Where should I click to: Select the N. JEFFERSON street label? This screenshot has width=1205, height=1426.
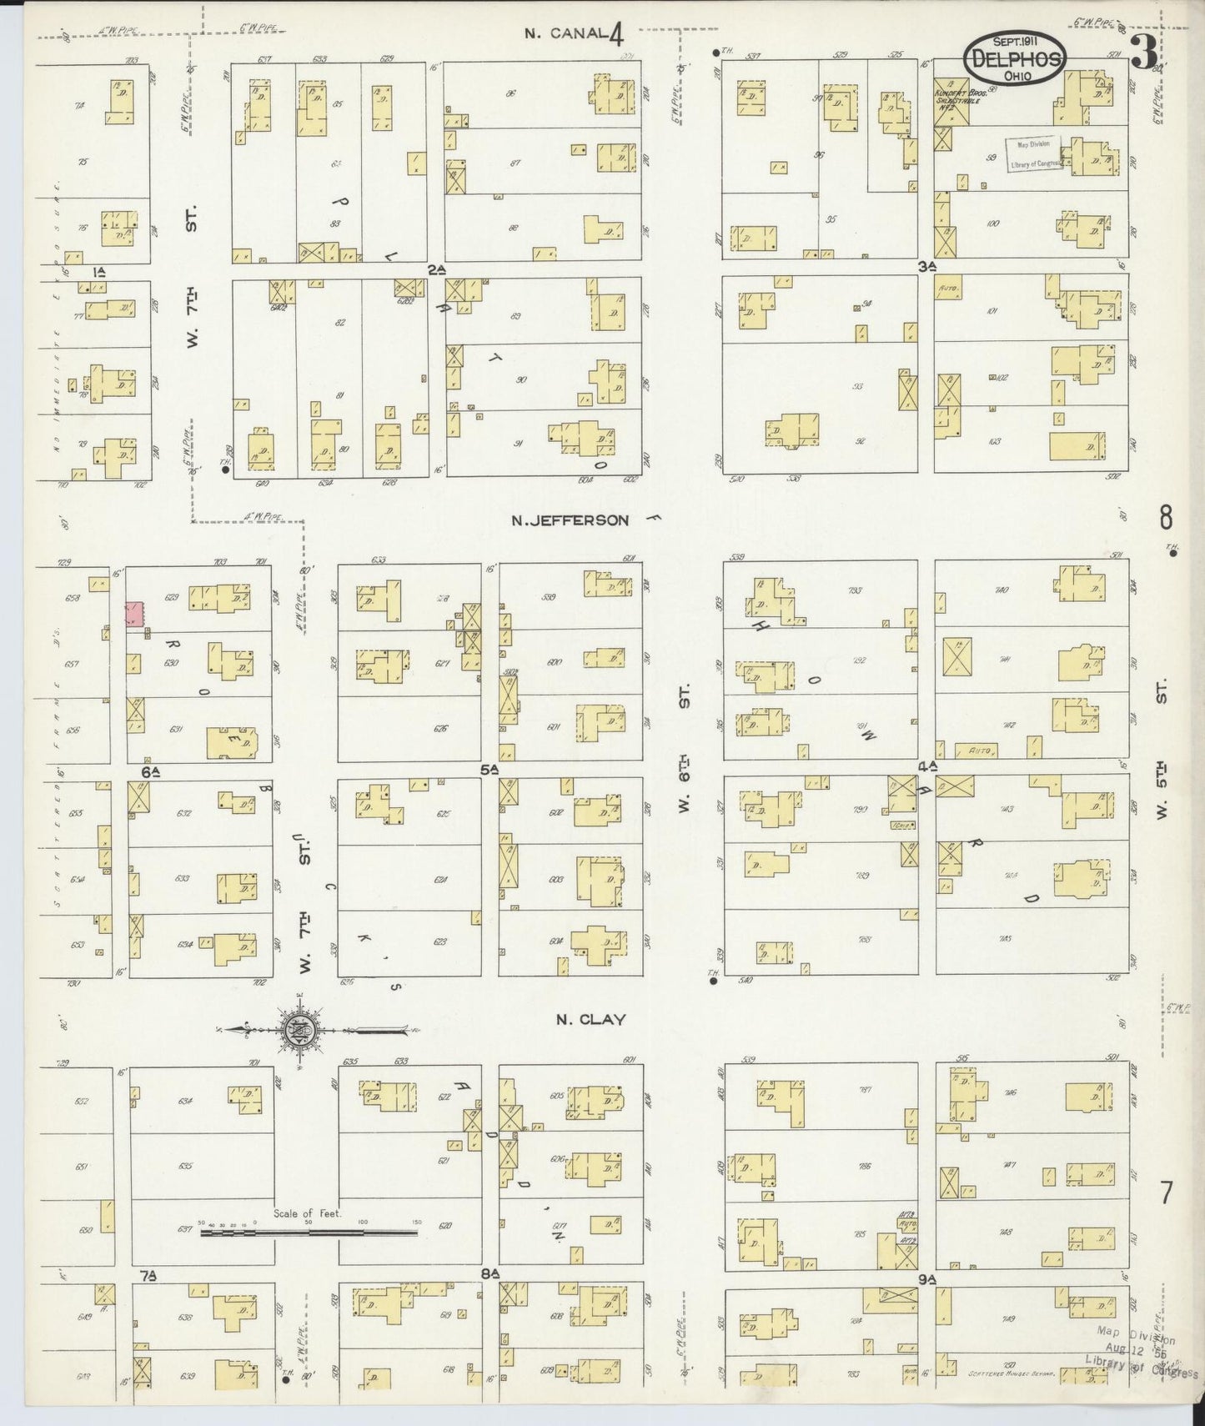pos(570,520)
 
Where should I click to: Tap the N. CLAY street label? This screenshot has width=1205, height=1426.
pos(591,1019)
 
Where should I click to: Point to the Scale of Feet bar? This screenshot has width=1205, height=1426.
pos(309,1230)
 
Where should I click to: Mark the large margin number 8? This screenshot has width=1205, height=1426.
pos(1165,518)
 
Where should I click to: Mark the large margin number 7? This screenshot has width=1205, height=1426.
pos(1165,1193)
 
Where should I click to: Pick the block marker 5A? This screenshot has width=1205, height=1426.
pos(490,769)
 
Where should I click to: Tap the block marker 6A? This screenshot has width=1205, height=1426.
pos(150,772)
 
